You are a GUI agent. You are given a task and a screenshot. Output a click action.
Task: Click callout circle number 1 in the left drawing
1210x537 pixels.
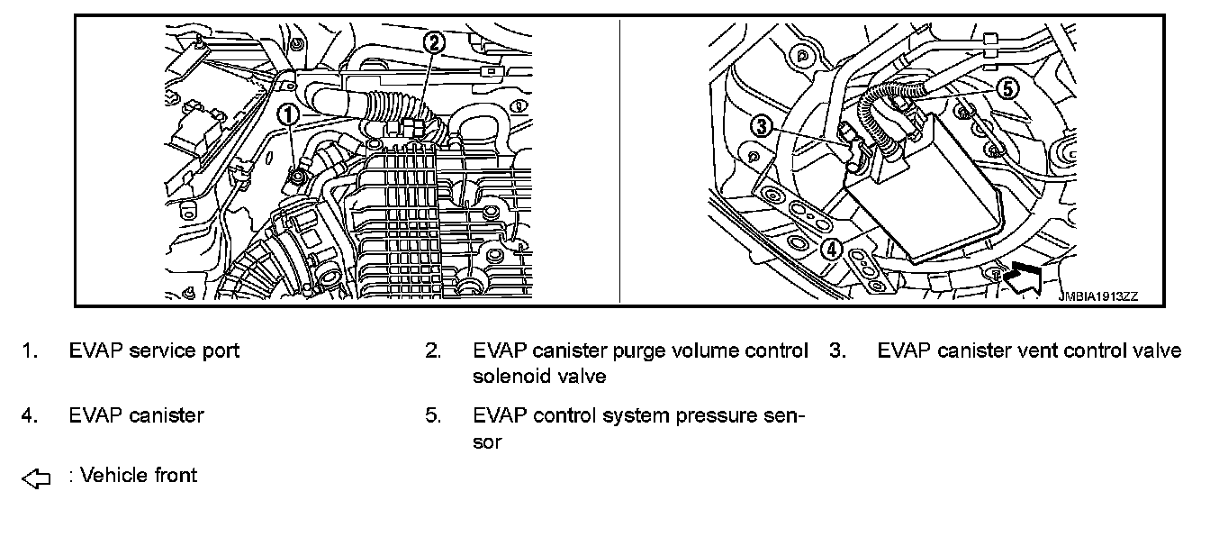coord(287,114)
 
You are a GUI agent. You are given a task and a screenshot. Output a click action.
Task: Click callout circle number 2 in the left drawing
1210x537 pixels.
coord(434,41)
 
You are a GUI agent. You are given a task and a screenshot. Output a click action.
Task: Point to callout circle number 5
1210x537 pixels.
coord(1007,88)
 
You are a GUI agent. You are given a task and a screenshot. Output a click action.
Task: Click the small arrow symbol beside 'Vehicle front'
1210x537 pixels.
coord(35,479)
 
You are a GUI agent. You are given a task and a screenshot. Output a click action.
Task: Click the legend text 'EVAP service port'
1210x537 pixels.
coord(154,350)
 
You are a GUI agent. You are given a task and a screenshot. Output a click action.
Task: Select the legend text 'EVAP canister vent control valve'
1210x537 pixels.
coord(1029,350)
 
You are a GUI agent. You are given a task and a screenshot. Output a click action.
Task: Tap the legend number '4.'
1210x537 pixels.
coord(29,415)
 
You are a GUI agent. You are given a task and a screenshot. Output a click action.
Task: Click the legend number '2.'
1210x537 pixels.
coord(433,350)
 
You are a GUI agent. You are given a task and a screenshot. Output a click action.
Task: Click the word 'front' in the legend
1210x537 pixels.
coord(174,475)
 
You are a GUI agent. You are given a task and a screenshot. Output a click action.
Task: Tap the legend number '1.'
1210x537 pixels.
coord(29,350)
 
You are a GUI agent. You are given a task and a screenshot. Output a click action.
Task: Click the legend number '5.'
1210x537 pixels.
coord(433,415)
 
